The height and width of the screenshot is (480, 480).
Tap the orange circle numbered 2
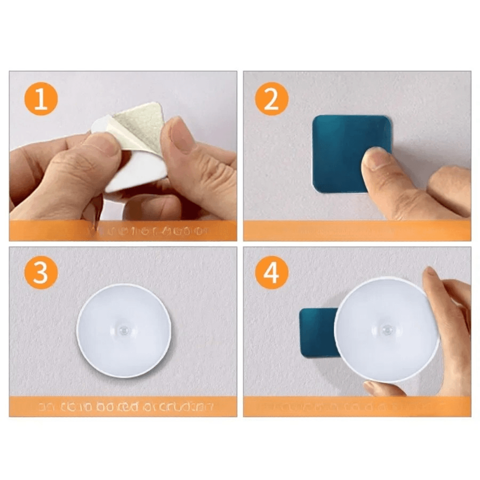[272, 99]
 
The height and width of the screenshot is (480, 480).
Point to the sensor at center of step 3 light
[124, 332]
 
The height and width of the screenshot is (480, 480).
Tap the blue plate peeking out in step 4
[316, 332]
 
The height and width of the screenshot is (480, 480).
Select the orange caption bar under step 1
[123, 231]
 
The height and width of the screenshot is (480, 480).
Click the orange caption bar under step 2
[357, 231]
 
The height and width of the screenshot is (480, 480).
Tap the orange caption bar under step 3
[123, 406]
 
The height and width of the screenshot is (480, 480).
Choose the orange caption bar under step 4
[357, 406]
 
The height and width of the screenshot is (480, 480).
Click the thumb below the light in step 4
[382, 389]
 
